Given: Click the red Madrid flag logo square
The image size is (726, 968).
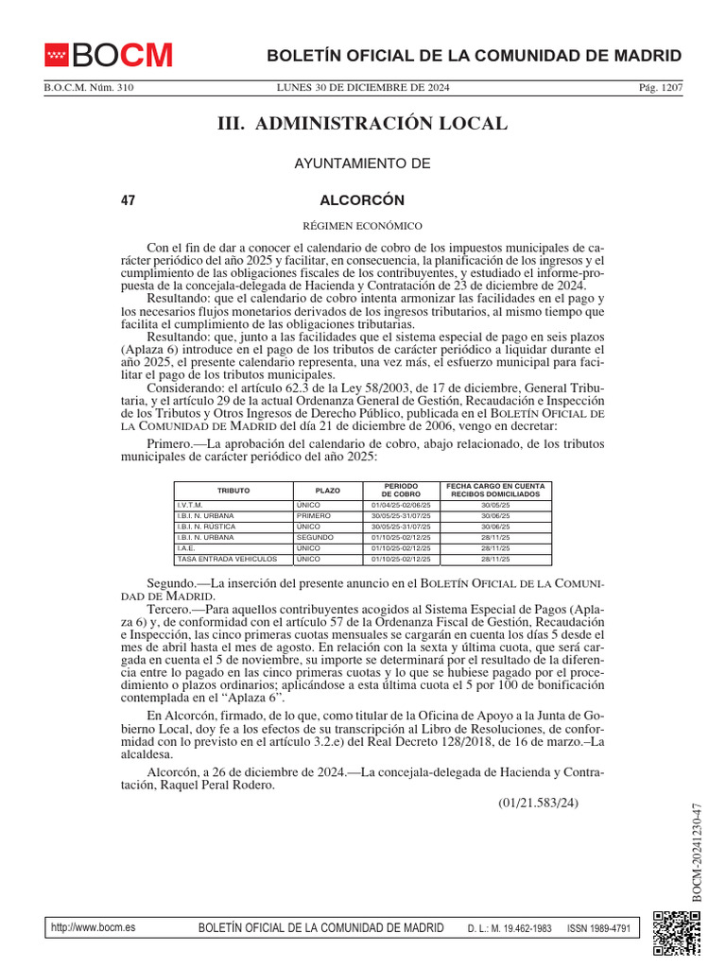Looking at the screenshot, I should click(57, 56).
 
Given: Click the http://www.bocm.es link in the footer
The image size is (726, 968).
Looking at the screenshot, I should click(93, 927).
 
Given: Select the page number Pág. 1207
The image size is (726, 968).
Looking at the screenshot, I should click(661, 89).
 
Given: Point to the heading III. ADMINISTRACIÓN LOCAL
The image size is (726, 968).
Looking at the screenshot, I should click(363, 124).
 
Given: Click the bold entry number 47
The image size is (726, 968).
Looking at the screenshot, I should click(129, 200).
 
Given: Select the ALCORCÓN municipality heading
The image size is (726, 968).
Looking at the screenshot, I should click(362, 200).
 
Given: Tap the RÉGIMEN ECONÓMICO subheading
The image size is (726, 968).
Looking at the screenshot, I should click(362, 226).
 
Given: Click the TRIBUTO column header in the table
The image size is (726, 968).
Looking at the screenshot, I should click(233, 491).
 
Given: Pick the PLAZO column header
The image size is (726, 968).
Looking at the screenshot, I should click(328, 491).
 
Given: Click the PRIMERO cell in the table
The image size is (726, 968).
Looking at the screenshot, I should click(313, 516).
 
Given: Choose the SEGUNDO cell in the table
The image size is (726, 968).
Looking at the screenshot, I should click(315, 537).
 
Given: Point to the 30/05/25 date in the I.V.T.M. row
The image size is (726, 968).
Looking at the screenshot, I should click(494, 506).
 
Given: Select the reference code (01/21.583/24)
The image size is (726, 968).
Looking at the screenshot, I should click(538, 804).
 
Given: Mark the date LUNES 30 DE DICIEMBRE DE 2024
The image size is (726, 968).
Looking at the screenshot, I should click(363, 89).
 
